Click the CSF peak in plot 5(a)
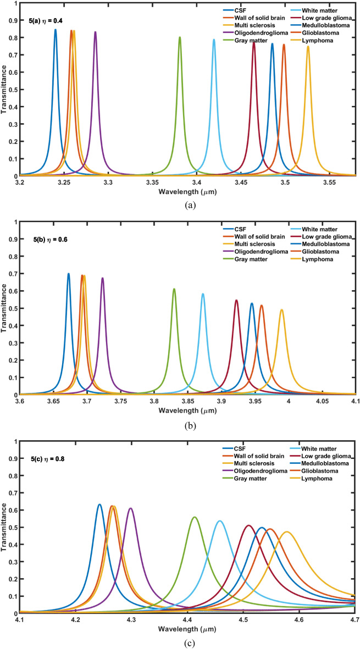pos(56,31)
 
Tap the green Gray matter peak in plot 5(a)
pos(180,38)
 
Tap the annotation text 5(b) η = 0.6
pos(49,239)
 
